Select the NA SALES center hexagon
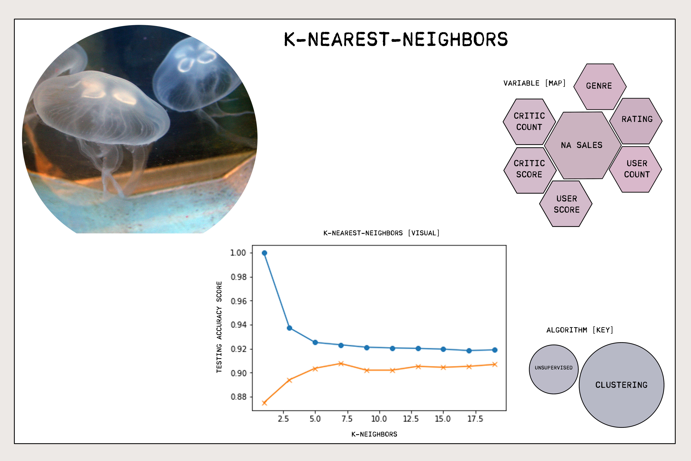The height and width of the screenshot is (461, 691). (x=583, y=145)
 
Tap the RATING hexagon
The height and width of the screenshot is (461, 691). (x=636, y=121)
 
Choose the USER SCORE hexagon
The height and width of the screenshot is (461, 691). (x=566, y=204)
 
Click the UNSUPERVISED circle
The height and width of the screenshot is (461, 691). (x=553, y=369)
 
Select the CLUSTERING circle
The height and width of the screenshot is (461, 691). (x=621, y=385)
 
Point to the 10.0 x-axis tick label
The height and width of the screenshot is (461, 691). (x=379, y=419)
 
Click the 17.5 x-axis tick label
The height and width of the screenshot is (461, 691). (x=475, y=419)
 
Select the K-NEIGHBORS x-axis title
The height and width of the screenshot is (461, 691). (x=374, y=434)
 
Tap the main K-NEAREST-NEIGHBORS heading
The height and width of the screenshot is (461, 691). (x=396, y=39)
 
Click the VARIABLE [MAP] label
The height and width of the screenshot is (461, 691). (x=534, y=83)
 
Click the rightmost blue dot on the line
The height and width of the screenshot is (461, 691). (x=495, y=350)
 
